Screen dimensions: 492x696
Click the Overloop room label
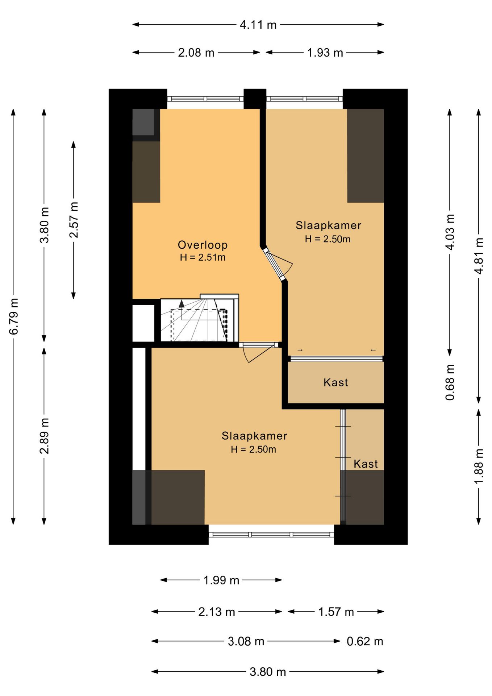click(203, 245)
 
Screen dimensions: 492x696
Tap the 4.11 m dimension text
click(258, 25)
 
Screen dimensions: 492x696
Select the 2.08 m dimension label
click(196, 53)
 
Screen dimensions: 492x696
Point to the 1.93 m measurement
click(325, 53)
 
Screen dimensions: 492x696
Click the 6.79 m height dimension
click(14, 316)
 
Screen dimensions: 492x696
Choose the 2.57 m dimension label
click(74, 220)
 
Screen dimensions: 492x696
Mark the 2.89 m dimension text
click(45, 436)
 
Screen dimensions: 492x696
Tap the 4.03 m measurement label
click(450, 232)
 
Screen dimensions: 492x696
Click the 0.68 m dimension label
click(450, 382)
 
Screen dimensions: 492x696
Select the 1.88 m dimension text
click(479, 466)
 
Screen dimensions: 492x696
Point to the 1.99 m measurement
click(221, 580)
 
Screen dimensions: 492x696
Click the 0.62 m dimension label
click(365, 641)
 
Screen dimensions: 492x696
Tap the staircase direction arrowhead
click(182, 304)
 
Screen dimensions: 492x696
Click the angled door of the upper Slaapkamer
click(274, 264)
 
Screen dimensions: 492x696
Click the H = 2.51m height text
click(203, 257)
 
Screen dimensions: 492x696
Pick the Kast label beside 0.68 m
click(336, 382)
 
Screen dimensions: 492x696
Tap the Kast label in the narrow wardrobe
click(366, 464)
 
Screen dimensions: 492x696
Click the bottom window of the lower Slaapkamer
click(271, 534)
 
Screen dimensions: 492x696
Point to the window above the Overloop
click(205, 99)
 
